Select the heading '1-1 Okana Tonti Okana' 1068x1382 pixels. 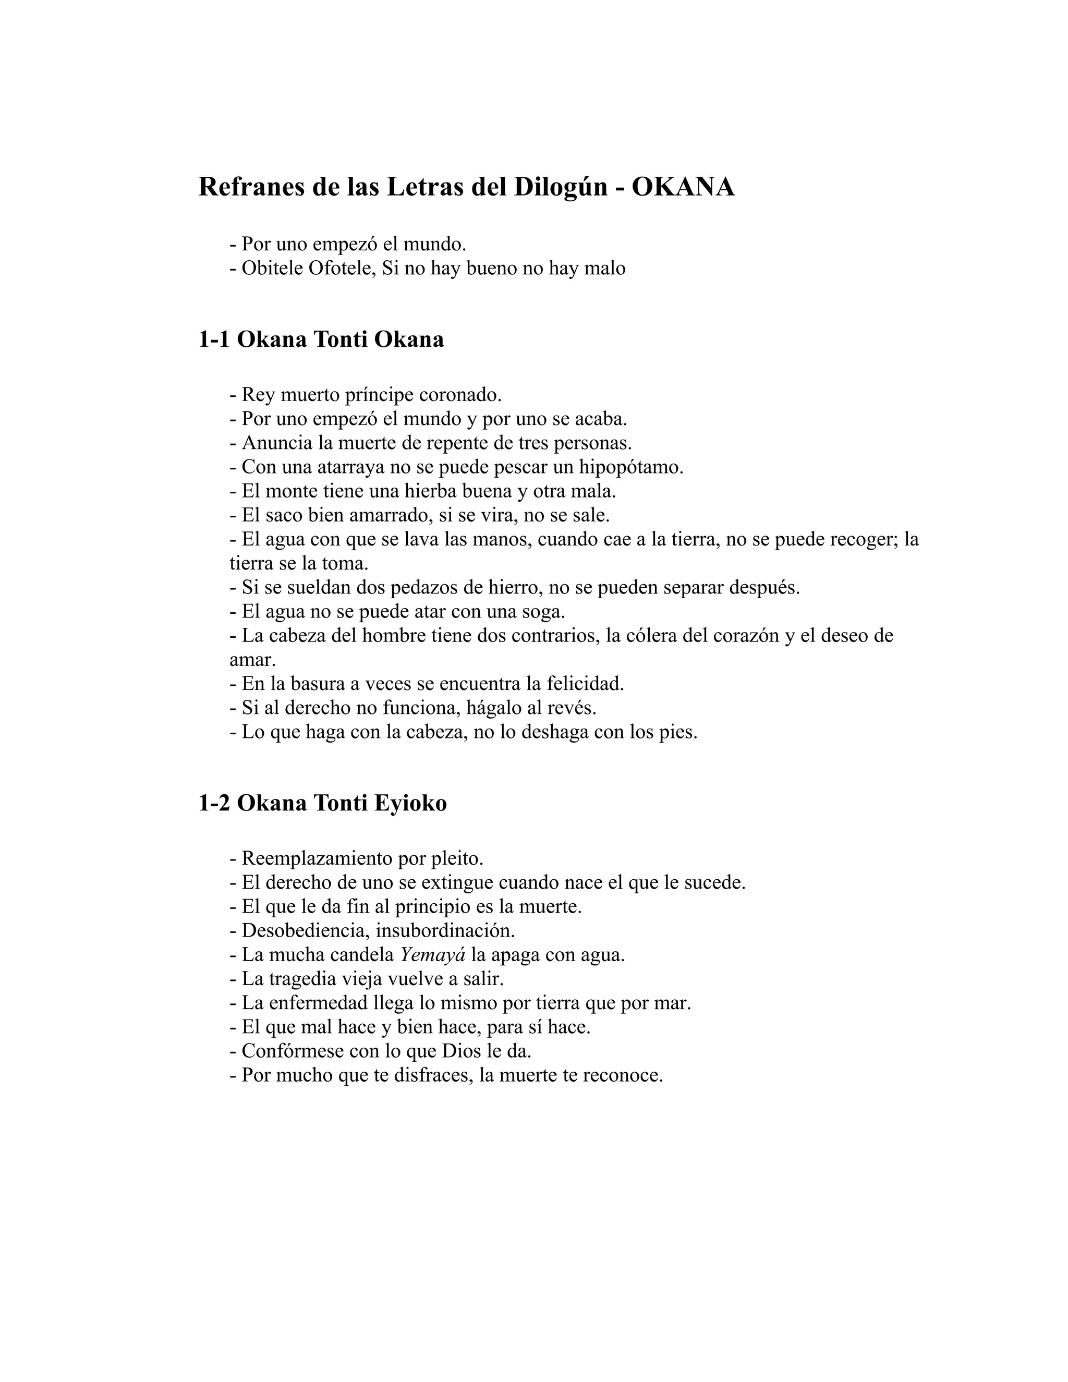pyautogui.click(x=321, y=340)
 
